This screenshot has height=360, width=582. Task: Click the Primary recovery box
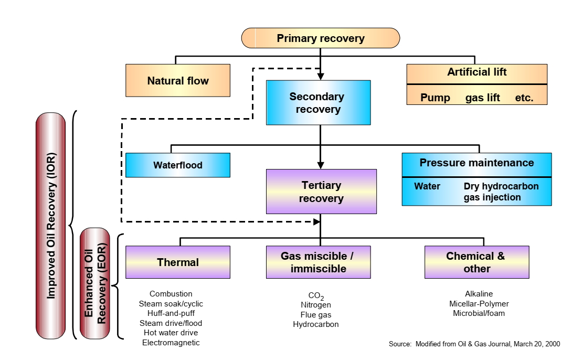pos(320,38)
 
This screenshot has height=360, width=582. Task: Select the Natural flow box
pos(178,81)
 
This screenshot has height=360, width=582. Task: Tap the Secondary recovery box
pos(318,103)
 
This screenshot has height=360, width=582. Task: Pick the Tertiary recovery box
pos(321,192)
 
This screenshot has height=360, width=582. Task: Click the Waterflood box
pos(178,165)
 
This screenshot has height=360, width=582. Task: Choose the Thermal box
pos(178,262)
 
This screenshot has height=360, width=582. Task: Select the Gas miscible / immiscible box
pos(318,262)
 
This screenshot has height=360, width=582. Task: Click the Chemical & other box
pos(477,262)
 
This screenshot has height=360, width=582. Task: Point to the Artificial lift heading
pos(477,72)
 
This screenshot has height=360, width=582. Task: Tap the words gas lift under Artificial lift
pos(482,98)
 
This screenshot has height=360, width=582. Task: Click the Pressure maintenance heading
pos(477,163)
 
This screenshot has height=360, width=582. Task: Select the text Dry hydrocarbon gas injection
pos(501,192)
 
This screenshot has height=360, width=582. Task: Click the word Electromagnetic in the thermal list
pos(171,343)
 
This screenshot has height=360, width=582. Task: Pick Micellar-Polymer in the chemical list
pos(479,304)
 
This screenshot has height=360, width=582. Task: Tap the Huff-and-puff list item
pos(171,313)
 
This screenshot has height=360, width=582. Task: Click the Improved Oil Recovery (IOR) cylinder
pos(51,226)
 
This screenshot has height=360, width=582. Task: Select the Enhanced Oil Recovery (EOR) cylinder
pos(94,283)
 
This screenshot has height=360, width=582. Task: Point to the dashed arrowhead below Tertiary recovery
pos(316,221)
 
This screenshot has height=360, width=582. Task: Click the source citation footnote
pos(474,344)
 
